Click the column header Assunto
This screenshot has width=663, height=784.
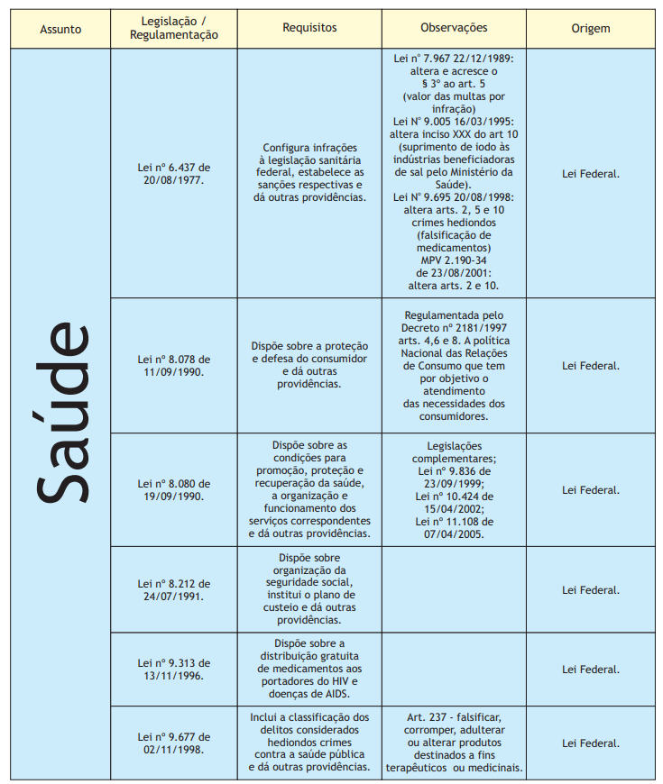pyautogui.click(x=60, y=29)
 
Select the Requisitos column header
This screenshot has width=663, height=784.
pyautogui.click(x=309, y=28)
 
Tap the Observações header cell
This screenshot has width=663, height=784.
pyautogui.click(x=454, y=28)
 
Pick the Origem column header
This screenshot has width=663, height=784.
pyautogui.click(x=590, y=29)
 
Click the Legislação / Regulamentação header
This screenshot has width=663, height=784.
pyautogui.click(x=174, y=28)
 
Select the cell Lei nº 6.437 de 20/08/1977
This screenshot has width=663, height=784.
pyautogui.click(x=174, y=173)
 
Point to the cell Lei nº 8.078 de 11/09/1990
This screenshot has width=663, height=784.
pyautogui.click(x=174, y=365)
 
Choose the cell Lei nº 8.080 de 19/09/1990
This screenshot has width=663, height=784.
pyautogui.click(x=174, y=489)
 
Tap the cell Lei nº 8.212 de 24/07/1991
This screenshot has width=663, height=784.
pyautogui.click(x=174, y=589)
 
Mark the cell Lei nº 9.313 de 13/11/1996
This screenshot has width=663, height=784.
pyautogui.click(x=174, y=669)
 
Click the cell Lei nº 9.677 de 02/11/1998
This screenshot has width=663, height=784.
pyautogui.click(x=174, y=743)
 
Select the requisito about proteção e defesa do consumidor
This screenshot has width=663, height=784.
pyautogui.click(x=309, y=365)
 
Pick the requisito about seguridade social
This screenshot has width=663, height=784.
pyautogui.click(x=309, y=589)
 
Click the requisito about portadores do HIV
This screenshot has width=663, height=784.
pyautogui.click(x=309, y=669)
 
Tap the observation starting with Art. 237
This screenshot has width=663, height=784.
pyautogui.click(x=454, y=743)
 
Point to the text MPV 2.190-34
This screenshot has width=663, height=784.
pyautogui.click(x=453, y=260)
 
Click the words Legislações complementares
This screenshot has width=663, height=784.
pyautogui.click(x=454, y=451)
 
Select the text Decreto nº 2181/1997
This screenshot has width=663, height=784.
pyautogui.click(x=454, y=328)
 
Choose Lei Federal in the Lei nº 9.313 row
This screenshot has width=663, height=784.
pyautogui.click(x=590, y=669)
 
